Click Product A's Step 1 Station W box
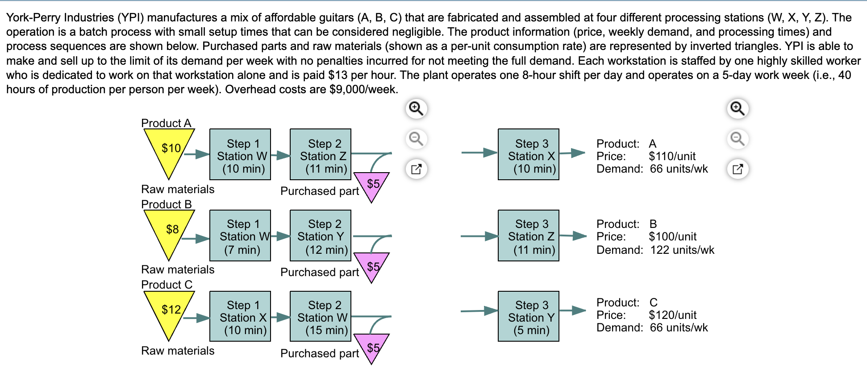[x=240, y=154]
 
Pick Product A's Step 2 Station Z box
[x=321, y=154]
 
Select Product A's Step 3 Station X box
[x=529, y=154]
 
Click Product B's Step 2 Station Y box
[x=321, y=236]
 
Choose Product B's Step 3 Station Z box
[x=529, y=236]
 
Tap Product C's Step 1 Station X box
[x=240, y=316]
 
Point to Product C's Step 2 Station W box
[x=321, y=316]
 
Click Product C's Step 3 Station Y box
[x=529, y=316]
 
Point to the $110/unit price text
[x=672, y=156]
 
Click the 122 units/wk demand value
[x=682, y=250]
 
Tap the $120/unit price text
[x=672, y=315]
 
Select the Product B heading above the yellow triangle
[x=167, y=204]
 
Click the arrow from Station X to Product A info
[x=572, y=153]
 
